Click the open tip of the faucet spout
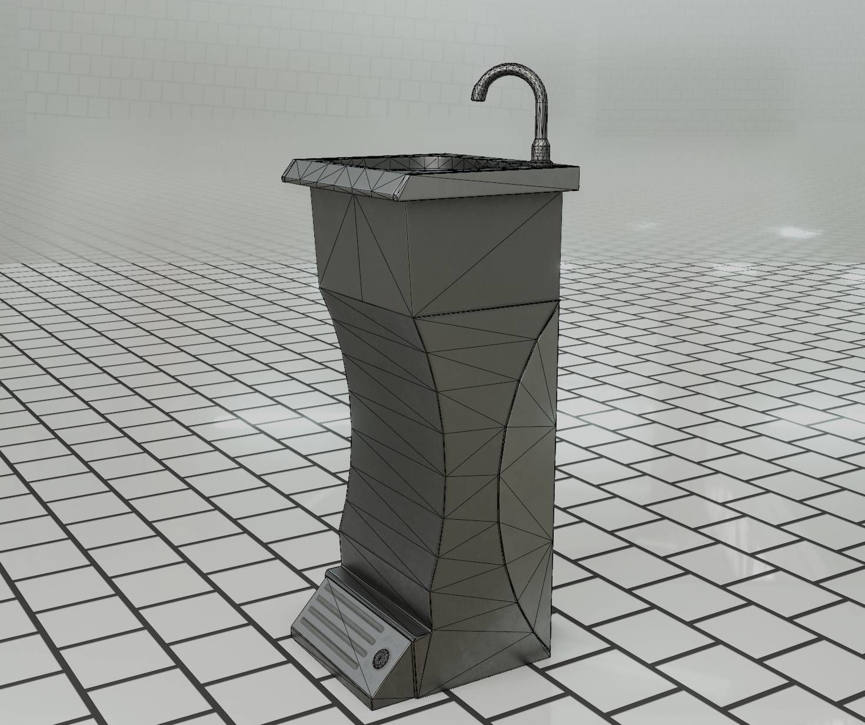pos(478,98)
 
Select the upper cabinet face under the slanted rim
pos(359,247)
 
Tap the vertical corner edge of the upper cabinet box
pos(407,259)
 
